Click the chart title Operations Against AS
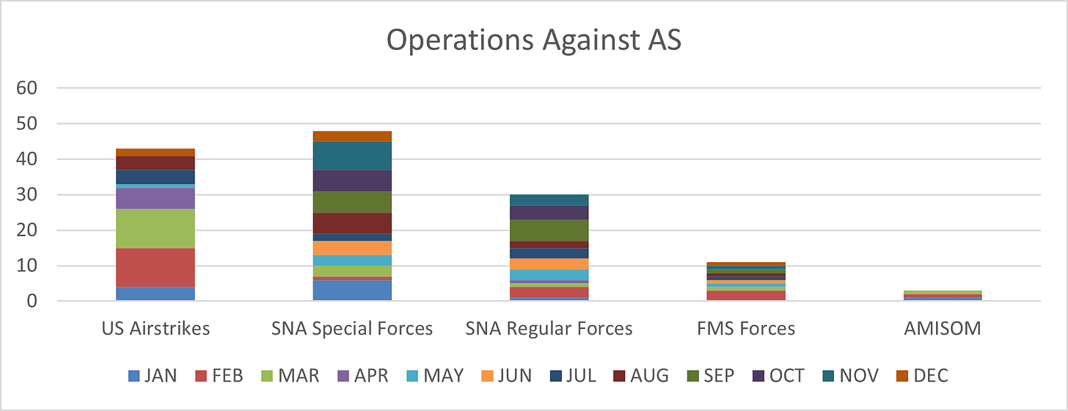coord(533,41)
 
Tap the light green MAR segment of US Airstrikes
coord(155,228)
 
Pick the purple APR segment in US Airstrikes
coord(155,198)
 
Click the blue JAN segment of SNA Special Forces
coord(352,290)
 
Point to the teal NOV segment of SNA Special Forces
coord(352,156)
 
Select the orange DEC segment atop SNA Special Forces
coord(352,136)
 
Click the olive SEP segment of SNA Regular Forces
coord(549,230)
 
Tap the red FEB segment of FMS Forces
coord(746,295)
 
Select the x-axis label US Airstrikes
coord(155,328)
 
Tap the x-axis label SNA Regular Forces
coord(549,328)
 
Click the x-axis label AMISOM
coord(943,328)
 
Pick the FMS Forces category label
coord(746,328)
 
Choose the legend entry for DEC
coord(922,376)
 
